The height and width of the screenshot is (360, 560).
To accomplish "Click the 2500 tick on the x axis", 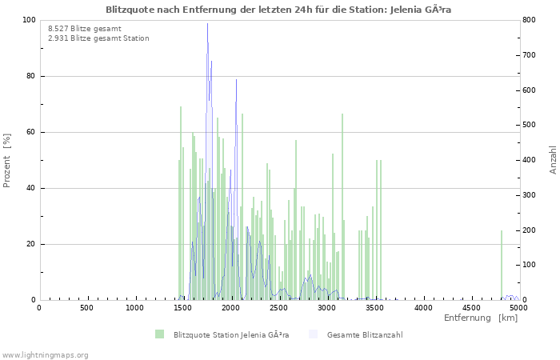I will point(278,307).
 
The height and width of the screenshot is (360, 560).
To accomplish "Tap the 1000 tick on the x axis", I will point(134,307).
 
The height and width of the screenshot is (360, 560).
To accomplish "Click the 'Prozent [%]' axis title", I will point(8,160).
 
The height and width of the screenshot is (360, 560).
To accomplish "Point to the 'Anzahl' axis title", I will point(553,160).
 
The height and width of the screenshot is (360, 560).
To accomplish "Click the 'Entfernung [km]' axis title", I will point(481,318).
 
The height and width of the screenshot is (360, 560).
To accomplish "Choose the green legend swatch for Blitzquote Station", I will point(160,334).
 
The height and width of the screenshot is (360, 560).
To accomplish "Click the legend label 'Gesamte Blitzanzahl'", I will point(365,334).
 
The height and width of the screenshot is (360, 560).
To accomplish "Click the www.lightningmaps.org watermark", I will point(46,354).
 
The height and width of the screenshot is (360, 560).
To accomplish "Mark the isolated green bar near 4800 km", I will point(502,266).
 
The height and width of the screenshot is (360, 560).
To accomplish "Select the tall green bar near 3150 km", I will point(342,208).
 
